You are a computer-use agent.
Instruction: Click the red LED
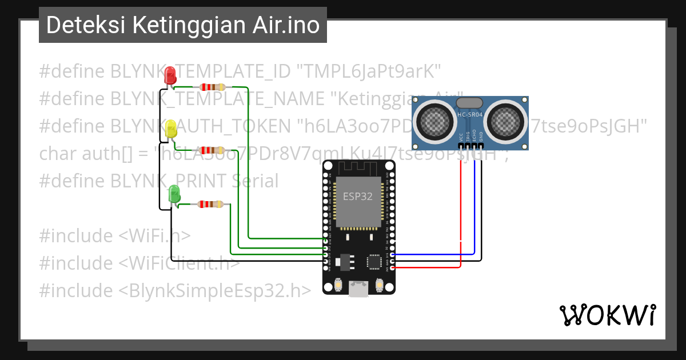pos(170,75)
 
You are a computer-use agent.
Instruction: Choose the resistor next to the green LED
pos(210,204)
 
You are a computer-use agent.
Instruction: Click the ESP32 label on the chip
pos(358,197)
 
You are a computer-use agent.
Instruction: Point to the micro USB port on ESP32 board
pos(358,289)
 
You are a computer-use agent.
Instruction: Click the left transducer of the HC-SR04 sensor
pos(436,119)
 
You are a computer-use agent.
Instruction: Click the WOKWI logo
pos(607,315)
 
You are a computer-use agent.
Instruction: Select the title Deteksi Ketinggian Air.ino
pos(182,25)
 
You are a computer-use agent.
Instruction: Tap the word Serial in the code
pos(255,181)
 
